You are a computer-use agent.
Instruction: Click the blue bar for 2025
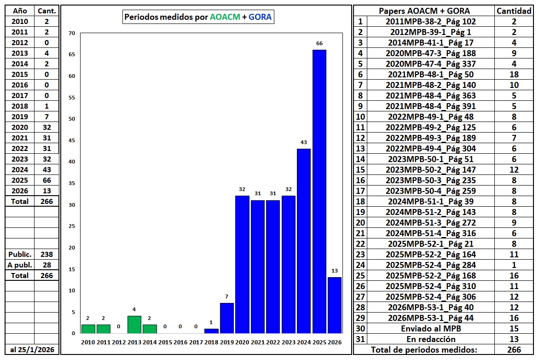point(319,191)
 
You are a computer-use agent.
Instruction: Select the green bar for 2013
point(134,324)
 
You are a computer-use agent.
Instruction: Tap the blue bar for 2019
point(226,318)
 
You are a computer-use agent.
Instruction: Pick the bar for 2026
point(335,305)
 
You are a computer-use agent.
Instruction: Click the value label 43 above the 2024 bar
point(304,142)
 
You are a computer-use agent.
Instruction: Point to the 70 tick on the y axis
point(71,33)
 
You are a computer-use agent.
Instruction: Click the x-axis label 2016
point(180,342)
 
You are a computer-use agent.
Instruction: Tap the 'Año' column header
point(20,11)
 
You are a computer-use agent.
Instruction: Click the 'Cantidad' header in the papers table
point(514,11)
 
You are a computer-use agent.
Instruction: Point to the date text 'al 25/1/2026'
point(32,349)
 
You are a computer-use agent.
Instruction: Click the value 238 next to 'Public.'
point(46,254)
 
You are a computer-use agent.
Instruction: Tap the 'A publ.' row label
point(20,265)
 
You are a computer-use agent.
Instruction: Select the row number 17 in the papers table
point(360,191)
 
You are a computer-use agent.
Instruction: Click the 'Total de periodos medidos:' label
point(424,350)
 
